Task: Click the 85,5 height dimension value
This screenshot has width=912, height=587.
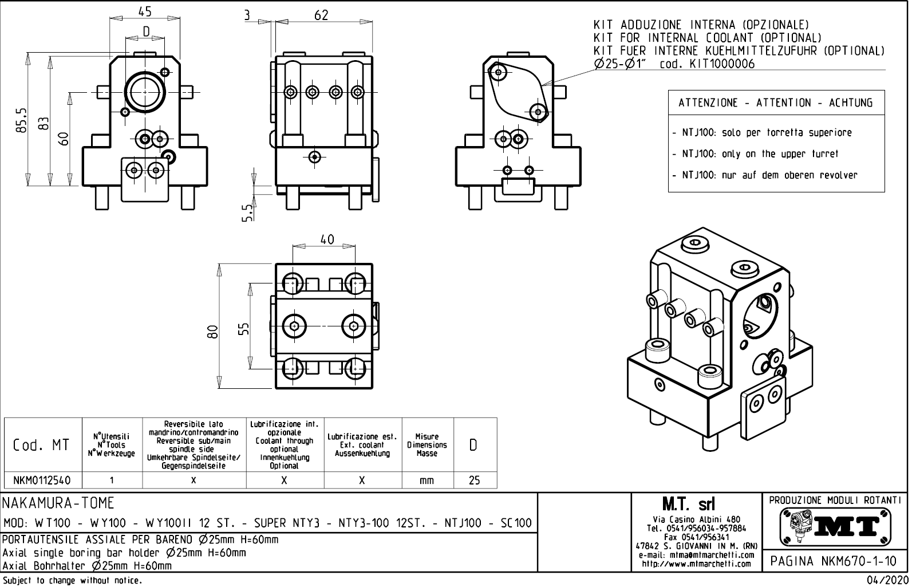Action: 21,120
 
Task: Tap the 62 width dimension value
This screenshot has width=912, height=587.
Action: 321,15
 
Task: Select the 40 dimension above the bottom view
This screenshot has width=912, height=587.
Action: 327,239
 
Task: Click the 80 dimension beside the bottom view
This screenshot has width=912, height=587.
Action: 213,332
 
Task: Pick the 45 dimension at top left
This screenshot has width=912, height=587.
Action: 145,11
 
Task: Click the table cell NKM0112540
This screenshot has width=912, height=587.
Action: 43,480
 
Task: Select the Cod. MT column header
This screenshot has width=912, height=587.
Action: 42,446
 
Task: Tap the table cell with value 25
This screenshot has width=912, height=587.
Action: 474,480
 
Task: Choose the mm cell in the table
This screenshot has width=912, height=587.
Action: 427,480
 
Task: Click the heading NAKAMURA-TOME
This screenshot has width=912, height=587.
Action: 59,503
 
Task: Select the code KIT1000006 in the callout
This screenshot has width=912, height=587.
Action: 707,64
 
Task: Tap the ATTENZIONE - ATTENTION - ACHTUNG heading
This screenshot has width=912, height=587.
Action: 776,103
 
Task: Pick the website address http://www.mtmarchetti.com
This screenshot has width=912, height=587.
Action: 696,564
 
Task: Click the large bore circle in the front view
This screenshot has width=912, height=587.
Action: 145,92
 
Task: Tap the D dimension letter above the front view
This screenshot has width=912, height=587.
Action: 146,31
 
